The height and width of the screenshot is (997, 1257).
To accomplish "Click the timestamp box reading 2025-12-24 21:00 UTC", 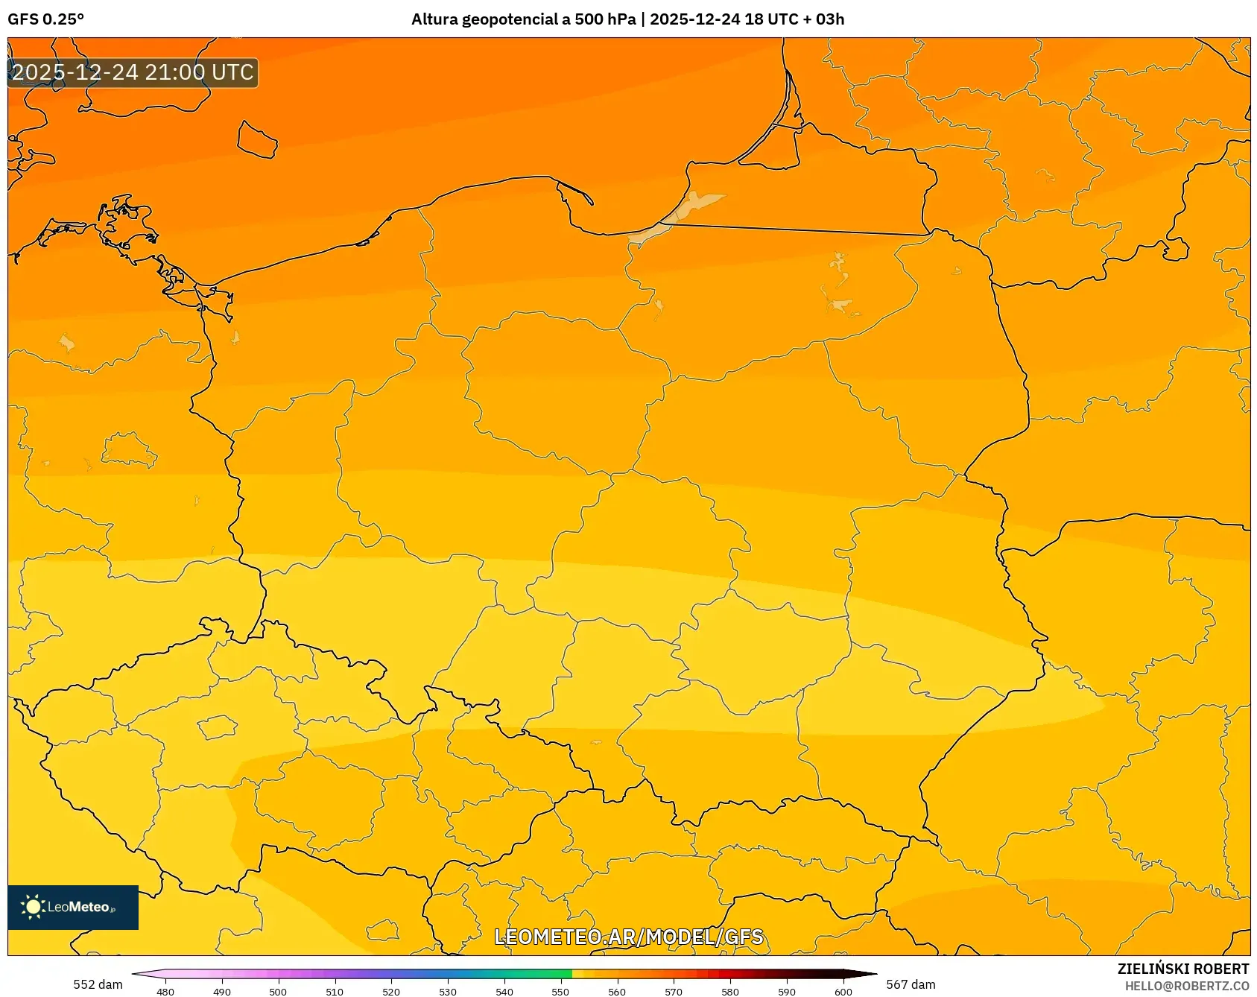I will point(133,72).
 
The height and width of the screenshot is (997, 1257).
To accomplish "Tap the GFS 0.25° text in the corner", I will point(45,19).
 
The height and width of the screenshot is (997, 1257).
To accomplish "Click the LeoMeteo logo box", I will point(73,907).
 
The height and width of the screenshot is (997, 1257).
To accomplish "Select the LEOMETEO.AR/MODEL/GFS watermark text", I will point(628,937).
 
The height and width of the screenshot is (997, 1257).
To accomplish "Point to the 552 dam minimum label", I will point(98,984).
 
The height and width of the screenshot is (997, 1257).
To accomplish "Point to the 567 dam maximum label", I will point(911,984).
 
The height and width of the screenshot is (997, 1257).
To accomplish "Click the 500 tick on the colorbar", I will point(278,991).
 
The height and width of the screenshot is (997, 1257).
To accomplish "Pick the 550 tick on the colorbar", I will point(560,991).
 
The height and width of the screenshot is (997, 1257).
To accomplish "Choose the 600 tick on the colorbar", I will point(843,991).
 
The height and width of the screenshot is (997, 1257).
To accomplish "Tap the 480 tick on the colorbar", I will point(165,991).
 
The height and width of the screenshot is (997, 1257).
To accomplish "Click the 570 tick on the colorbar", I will point(674,991).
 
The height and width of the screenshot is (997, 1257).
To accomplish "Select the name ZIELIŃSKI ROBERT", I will point(1182,969).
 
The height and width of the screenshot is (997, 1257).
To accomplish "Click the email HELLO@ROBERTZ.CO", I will point(1186,986).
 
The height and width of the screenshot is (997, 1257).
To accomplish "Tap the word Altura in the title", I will point(434,19).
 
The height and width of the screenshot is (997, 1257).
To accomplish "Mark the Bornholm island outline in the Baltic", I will point(257,139).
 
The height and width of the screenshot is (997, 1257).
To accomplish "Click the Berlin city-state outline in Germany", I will point(127,450).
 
